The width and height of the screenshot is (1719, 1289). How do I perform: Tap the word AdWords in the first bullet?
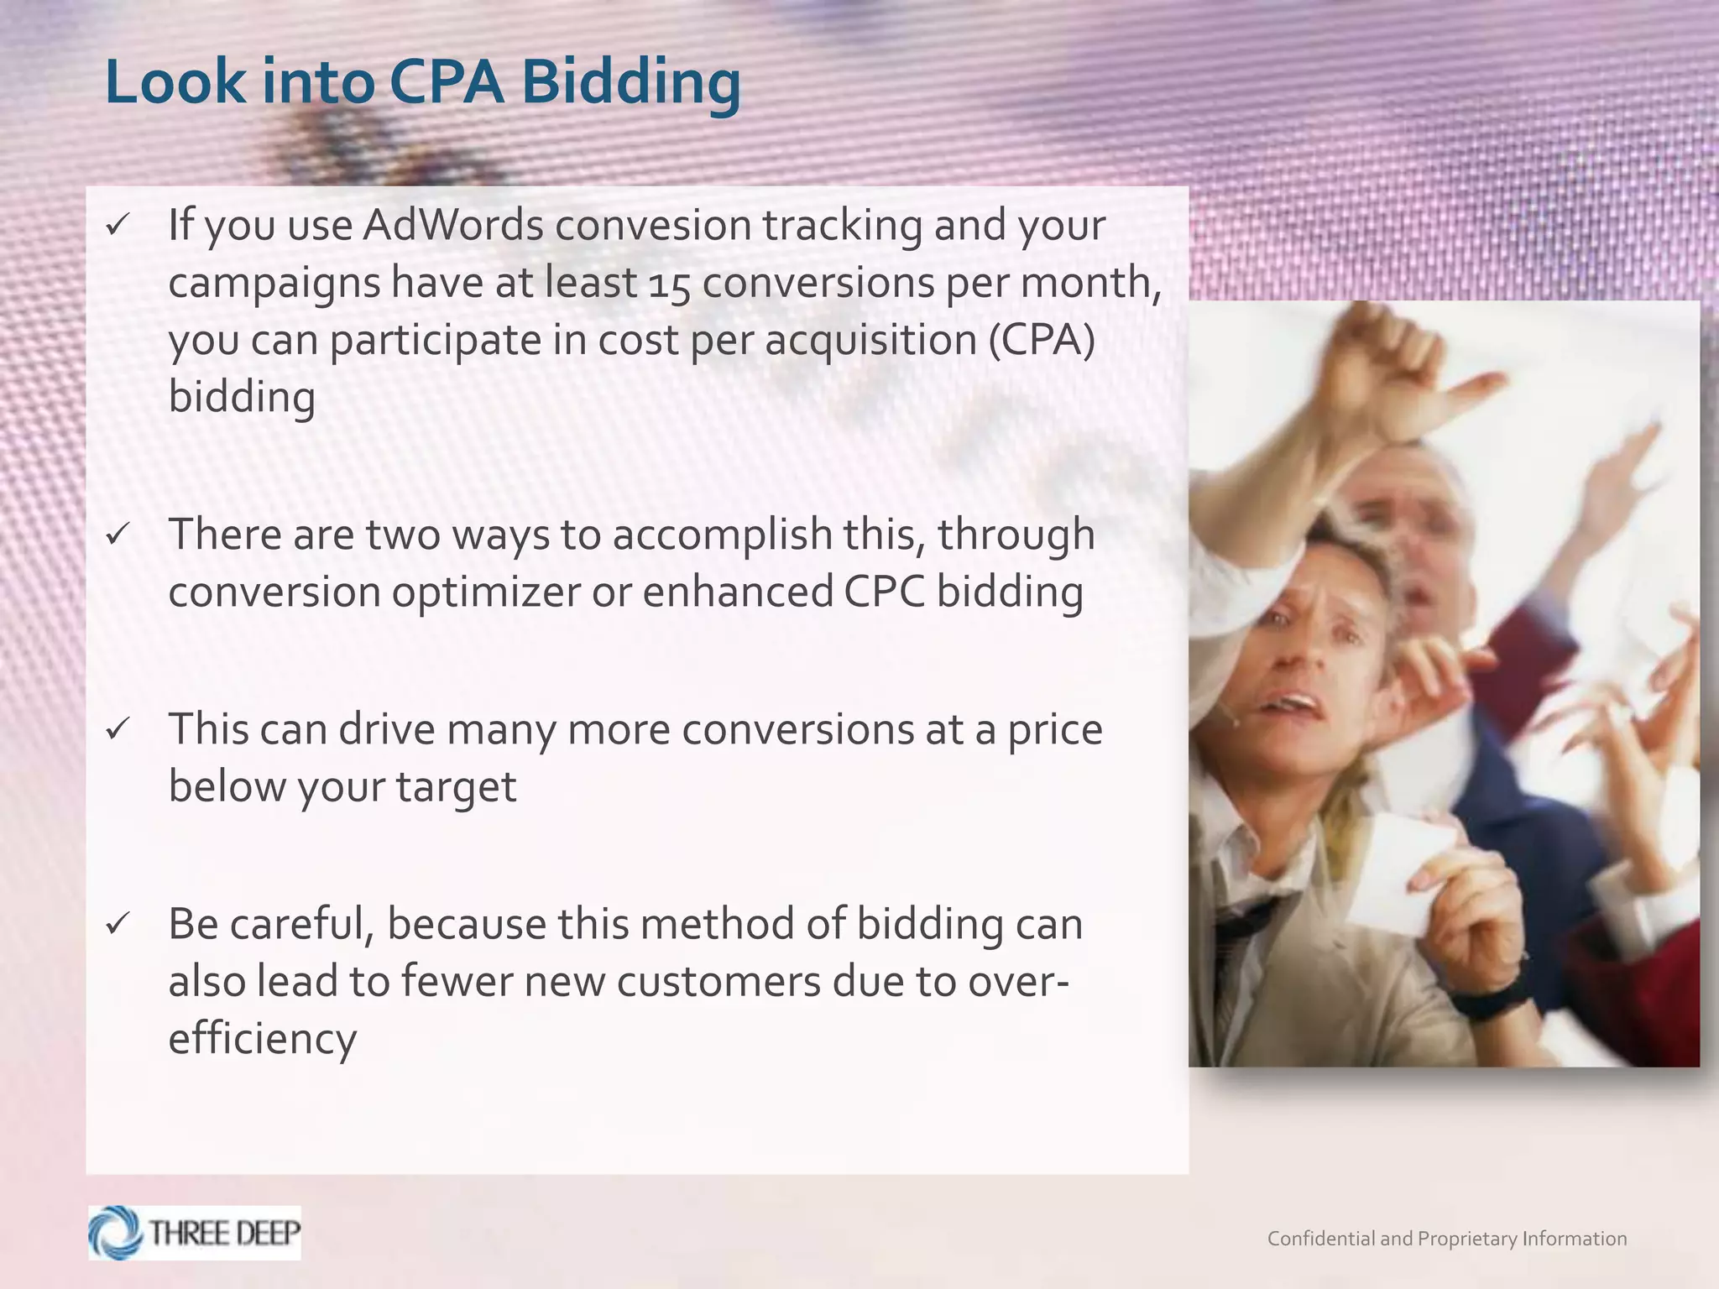[x=452, y=225]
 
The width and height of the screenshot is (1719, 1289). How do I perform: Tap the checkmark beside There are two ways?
[x=118, y=535]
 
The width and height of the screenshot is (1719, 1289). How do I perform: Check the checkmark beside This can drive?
[x=118, y=728]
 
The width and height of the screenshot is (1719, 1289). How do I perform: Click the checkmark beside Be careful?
[x=118, y=924]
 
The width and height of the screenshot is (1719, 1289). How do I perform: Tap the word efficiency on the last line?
[x=262, y=1040]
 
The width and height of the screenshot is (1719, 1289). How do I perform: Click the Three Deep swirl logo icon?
[x=116, y=1233]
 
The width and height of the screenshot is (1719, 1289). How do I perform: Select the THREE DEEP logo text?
[x=224, y=1233]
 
